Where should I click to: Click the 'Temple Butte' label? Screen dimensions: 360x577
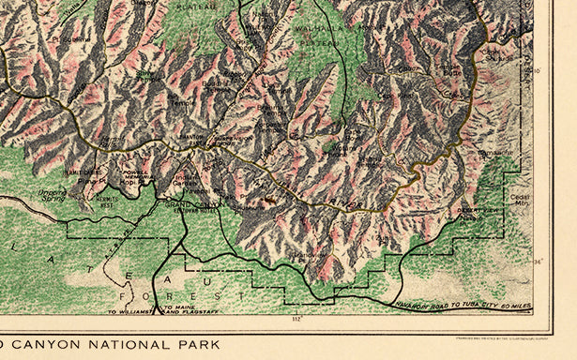pyautogui.click(x=450, y=71)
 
